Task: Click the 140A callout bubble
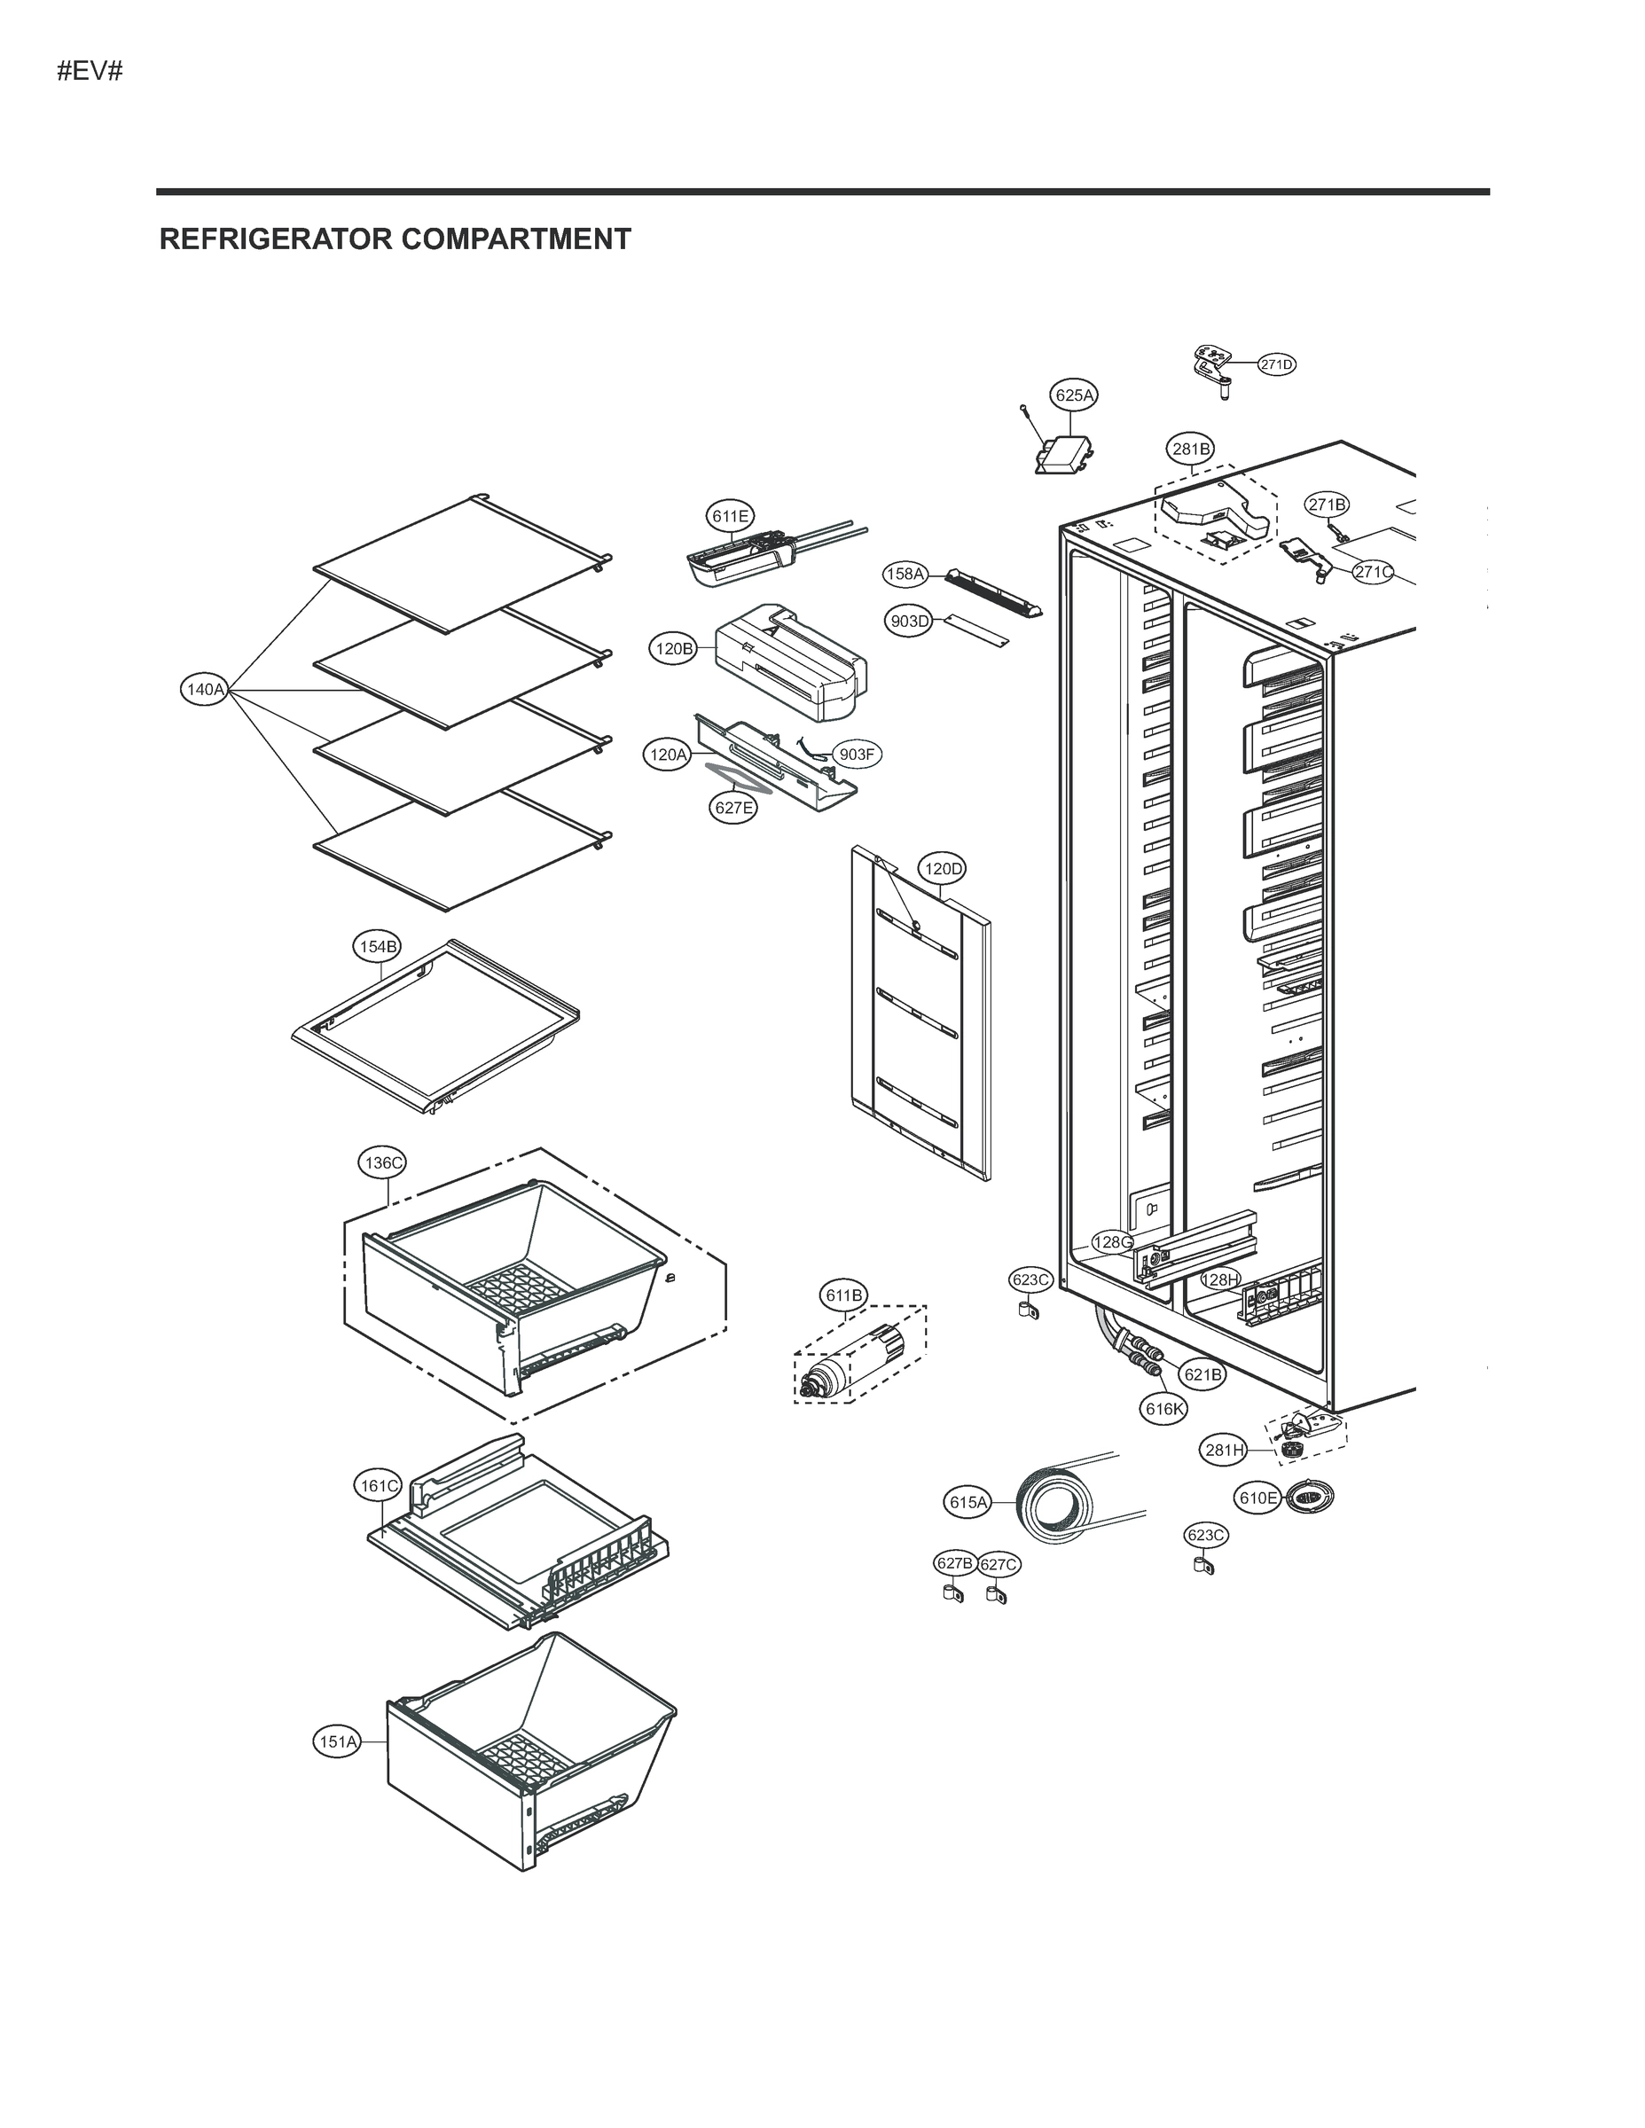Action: pyautogui.click(x=205, y=690)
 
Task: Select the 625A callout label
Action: pyautogui.click(x=1074, y=395)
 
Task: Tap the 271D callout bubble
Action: pyautogui.click(x=1276, y=364)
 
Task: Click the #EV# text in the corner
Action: pyautogui.click(x=90, y=71)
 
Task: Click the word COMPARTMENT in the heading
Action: pyautogui.click(x=516, y=239)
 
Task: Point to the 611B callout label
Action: pyautogui.click(x=844, y=1295)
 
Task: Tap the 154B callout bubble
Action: pyautogui.click(x=376, y=946)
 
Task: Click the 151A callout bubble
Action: pyautogui.click(x=337, y=1741)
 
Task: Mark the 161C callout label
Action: pyautogui.click(x=378, y=1486)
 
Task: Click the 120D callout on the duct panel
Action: pyautogui.click(x=943, y=868)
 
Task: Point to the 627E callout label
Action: pyautogui.click(x=732, y=807)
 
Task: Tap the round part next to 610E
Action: pyautogui.click(x=1309, y=1497)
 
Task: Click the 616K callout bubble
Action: pyautogui.click(x=1164, y=1408)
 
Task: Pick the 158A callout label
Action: pyautogui.click(x=905, y=574)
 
